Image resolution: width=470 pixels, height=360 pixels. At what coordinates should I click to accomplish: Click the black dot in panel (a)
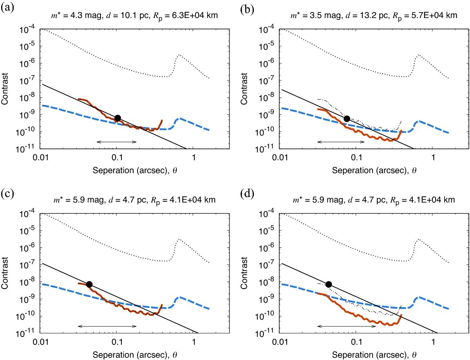pos(117,118)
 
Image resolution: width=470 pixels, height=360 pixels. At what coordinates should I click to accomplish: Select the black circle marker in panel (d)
pos(329,284)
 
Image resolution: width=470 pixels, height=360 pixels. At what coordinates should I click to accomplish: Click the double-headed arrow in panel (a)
pos(116,141)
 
